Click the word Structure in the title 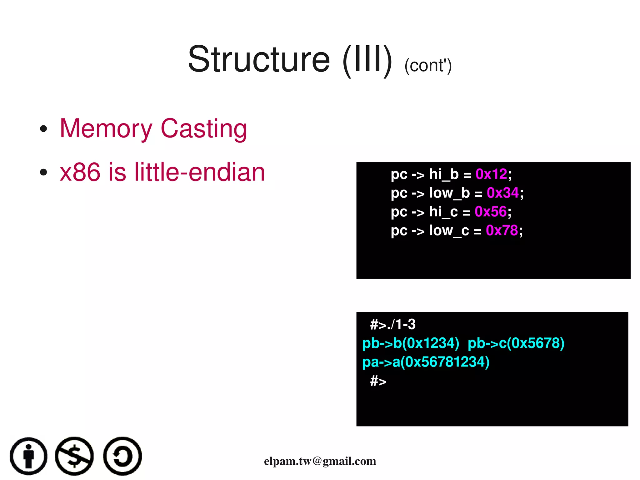pos(259,59)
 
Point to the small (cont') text pos(428,66)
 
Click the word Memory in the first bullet pos(106,129)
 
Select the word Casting pos(204,129)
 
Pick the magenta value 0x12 pos(491,174)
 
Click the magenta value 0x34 pos(502,193)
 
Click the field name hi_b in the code pos(444,174)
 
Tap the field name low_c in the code pos(449,230)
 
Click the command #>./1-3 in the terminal pos(393,325)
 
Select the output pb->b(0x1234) pos(411,343)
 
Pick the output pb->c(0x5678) pos(516,343)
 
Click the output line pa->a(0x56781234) pos(426,362)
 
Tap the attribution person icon pos(29,456)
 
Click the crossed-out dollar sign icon pos(74,456)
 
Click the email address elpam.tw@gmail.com pos(320,461)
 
